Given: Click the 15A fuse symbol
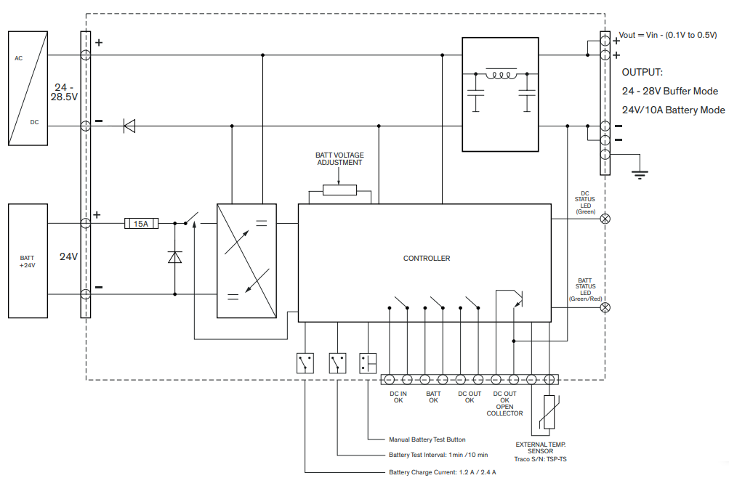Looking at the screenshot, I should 142,224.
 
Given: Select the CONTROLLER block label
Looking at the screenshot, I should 427,259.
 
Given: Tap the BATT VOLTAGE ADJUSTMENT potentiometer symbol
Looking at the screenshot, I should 339,190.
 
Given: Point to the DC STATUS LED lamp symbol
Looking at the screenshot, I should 604,218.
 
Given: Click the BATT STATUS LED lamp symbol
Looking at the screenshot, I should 604,307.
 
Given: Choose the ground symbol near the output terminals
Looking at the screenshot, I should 640,173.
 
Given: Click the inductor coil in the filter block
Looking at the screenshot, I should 501,75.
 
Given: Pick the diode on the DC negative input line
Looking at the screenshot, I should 129,126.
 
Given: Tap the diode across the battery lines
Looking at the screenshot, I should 174,257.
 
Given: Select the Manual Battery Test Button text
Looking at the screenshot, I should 427,440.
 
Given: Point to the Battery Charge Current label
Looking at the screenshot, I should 442,472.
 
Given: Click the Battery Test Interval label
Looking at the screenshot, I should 438,455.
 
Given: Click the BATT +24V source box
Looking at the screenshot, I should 27,262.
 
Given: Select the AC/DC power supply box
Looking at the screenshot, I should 28,89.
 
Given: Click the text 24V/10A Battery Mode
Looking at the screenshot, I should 673,110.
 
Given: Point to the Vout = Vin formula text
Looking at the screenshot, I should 667,35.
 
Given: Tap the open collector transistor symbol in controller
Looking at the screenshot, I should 515,298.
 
